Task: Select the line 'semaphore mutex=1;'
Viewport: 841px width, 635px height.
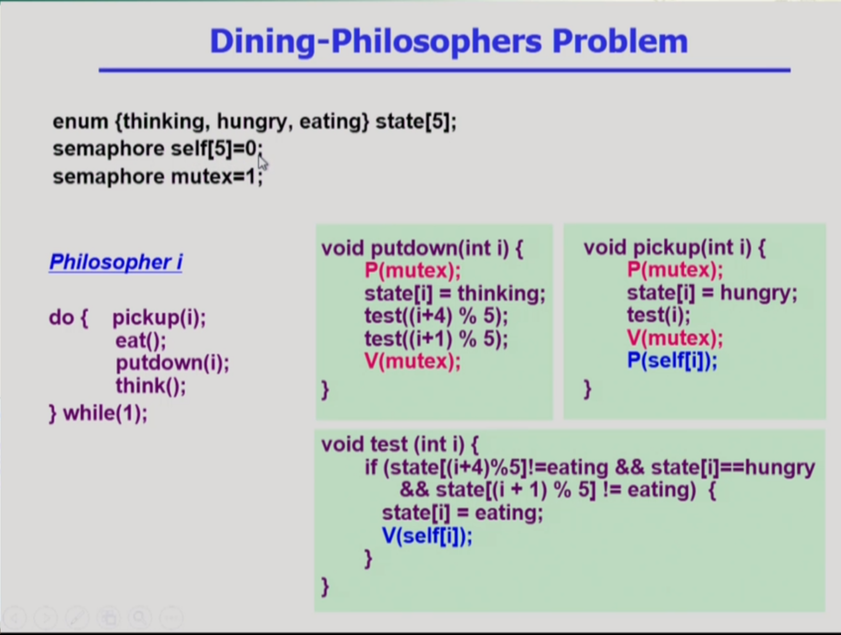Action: coord(158,177)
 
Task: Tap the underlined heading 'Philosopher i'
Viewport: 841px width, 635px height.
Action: coord(116,262)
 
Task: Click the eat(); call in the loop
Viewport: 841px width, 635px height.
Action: coord(141,340)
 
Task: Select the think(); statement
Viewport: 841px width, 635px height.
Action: coord(151,386)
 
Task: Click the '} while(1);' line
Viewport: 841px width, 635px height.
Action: coord(98,413)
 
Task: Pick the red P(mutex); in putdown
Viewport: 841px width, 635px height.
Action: coord(413,270)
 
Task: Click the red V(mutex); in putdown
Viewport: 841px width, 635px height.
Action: coord(413,362)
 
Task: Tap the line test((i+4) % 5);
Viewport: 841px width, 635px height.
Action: coord(436,316)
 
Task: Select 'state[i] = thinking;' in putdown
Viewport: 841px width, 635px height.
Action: coord(455,294)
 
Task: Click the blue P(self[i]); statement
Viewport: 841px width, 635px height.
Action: coord(672,361)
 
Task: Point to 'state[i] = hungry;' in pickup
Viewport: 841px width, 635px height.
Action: coord(712,293)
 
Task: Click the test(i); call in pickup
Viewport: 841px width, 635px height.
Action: coord(659,316)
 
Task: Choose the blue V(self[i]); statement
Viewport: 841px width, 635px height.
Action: coord(427,536)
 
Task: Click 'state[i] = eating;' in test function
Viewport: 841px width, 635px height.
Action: coord(463,513)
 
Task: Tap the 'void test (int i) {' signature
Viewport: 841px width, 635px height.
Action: coord(400,444)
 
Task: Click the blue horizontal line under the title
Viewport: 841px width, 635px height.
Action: coord(445,70)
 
